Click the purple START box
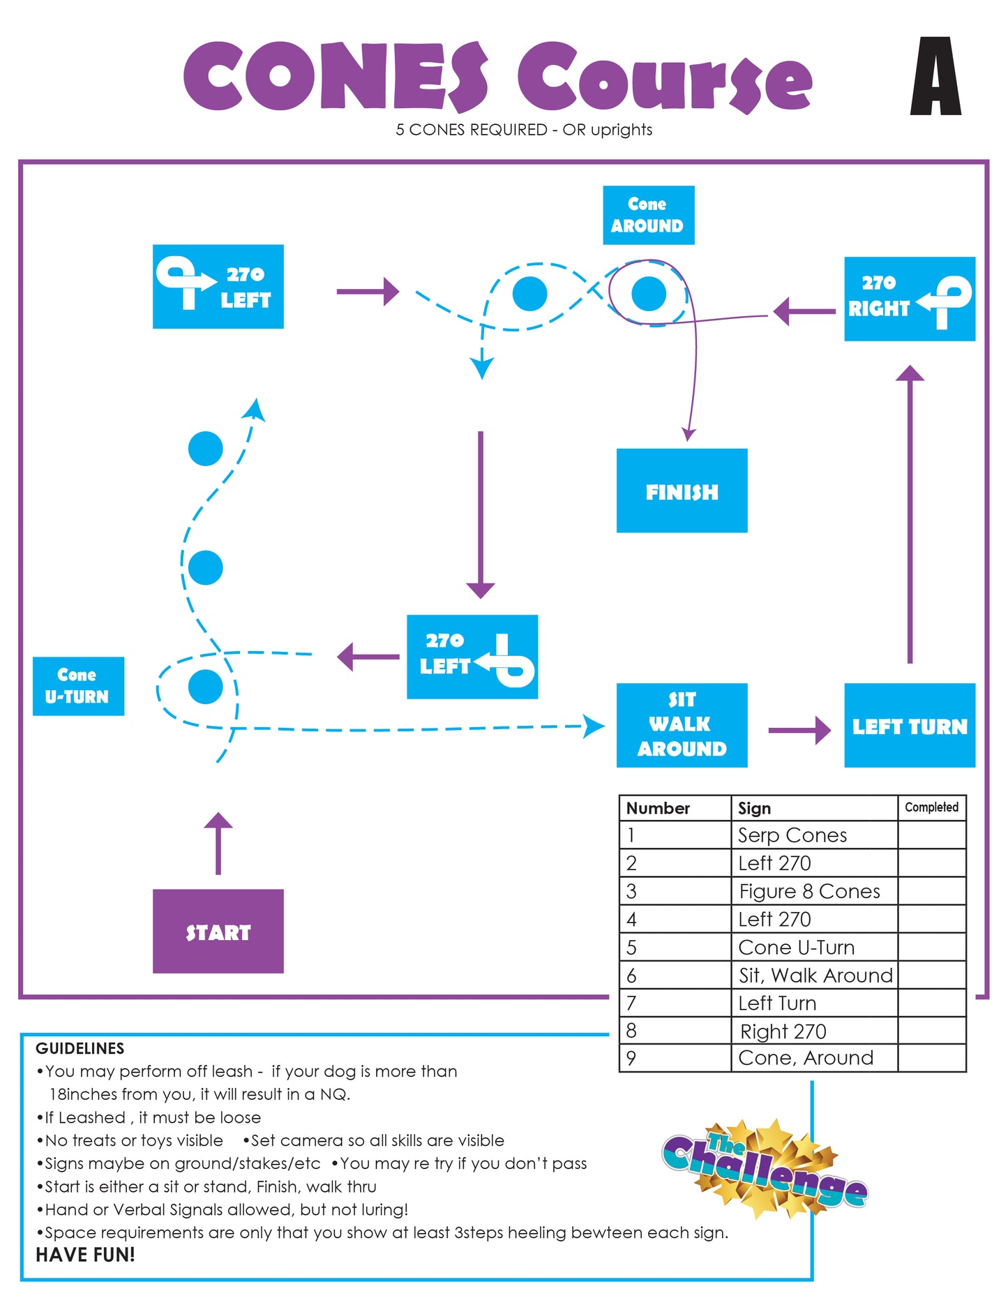click(218, 931)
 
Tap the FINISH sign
click(682, 491)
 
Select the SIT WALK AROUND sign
click(682, 725)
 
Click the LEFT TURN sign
click(910, 725)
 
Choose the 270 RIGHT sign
click(910, 299)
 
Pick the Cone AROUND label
click(648, 215)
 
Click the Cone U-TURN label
click(78, 686)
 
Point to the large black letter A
click(935, 76)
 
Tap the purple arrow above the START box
click(218, 843)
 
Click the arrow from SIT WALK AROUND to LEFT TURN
click(799, 731)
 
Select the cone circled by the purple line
click(649, 294)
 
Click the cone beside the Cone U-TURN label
click(206, 687)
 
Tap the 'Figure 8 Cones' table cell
click(809, 891)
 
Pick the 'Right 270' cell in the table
click(783, 1031)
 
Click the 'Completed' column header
click(931, 807)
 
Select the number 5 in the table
click(631, 948)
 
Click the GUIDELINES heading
click(80, 1048)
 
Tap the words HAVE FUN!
click(85, 1255)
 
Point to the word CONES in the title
click(336, 77)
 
